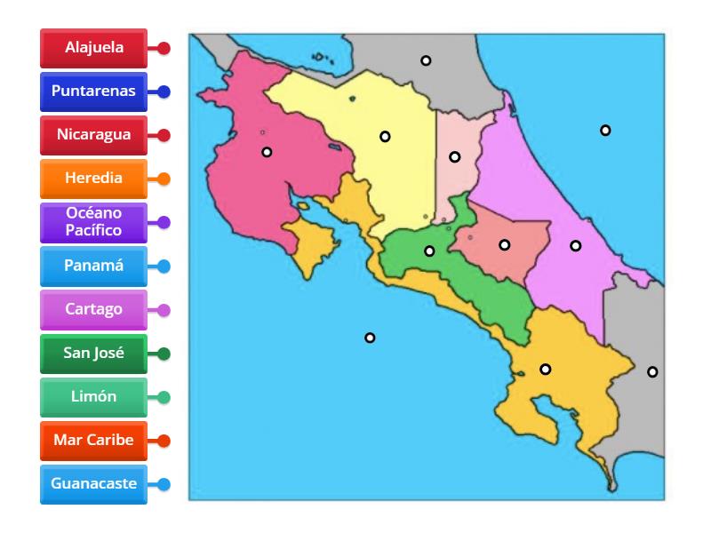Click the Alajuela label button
tap(93, 48)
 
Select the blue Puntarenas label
tap(93, 91)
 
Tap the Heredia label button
tap(93, 179)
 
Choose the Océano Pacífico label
tap(93, 222)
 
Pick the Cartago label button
tap(93, 310)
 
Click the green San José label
tap(93, 354)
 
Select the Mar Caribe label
tap(93, 441)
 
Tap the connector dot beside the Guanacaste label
tap(164, 484)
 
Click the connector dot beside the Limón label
tap(164, 397)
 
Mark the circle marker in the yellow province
tap(385, 137)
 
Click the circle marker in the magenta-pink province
tap(267, 152)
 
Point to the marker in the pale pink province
tap(454, 157)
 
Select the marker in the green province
tap(429, 251)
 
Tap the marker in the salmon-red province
tap(504, 244)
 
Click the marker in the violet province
tap(576, 245)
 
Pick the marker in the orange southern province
tap(546, 370)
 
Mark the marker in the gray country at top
tap(426, 60)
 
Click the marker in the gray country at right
tap(652, 371)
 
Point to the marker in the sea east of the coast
tap(605, 131)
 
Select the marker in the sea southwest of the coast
tap(370, 338)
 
